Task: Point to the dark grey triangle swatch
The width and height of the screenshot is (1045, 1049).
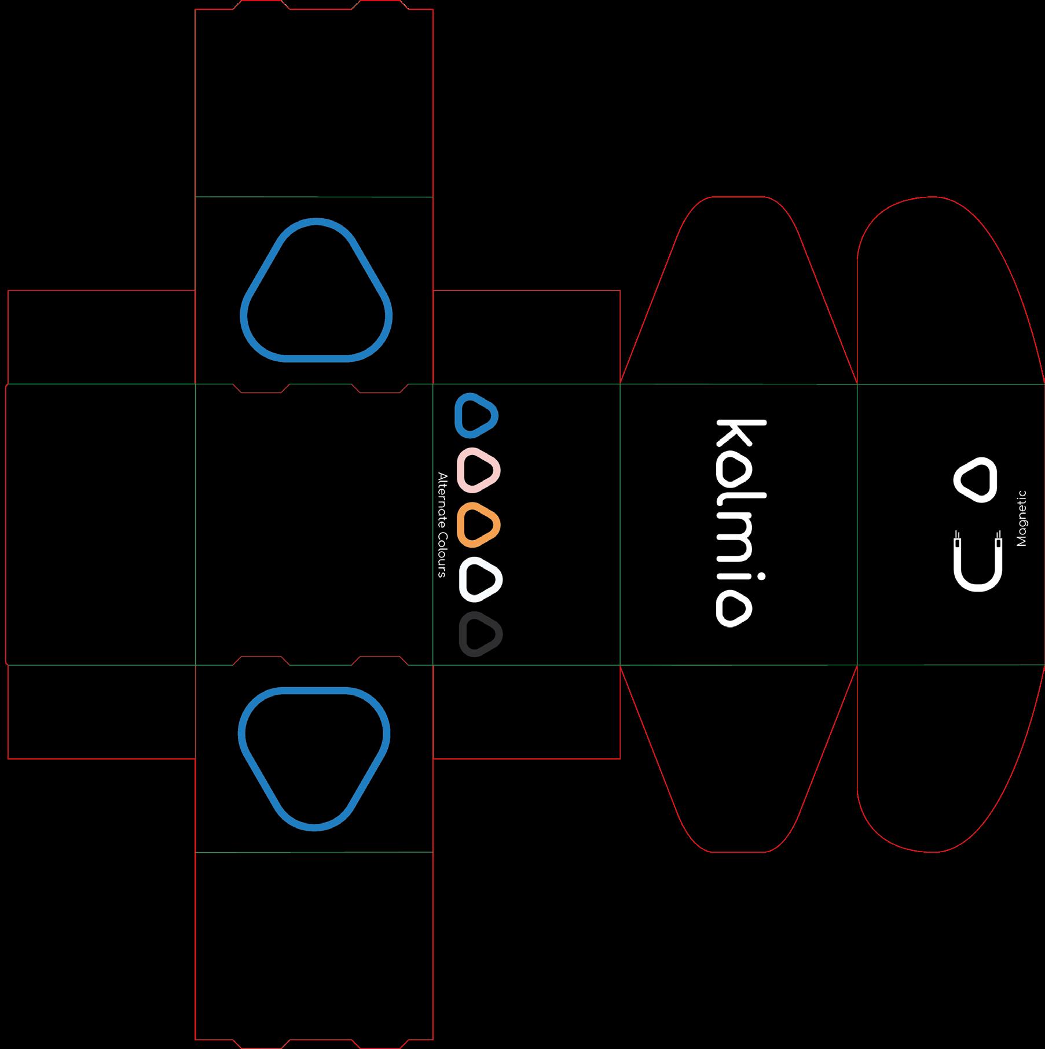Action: coord(481,634)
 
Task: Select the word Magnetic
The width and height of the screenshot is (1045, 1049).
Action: coord(1021,518)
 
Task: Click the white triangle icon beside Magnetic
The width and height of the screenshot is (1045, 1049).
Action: coord(976,480)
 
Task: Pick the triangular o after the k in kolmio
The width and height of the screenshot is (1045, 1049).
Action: coord(735,472)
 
